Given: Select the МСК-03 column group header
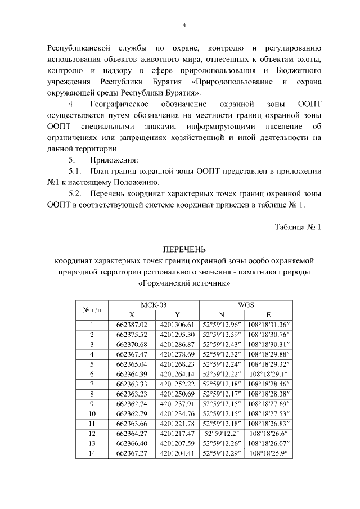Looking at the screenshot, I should point(154,304).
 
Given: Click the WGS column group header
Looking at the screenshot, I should point(246,304).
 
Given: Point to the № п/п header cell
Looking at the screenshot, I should point(92,309).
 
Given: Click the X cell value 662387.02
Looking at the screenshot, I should point(131,325).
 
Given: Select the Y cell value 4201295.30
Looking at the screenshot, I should point(177,334).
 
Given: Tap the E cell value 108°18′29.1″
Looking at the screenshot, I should point(268,373).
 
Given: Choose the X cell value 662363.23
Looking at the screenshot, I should point(131,393).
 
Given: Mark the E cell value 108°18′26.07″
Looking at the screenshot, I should point(268,443).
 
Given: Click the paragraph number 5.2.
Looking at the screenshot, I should point(76,193).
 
